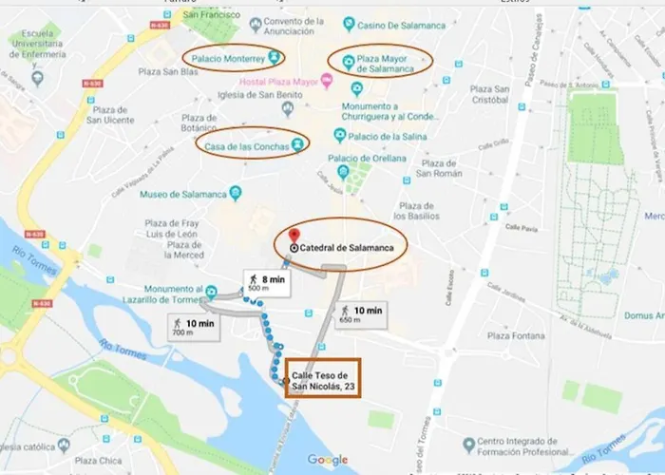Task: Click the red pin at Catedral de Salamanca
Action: [294, 236]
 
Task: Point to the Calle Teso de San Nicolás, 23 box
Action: [323, 377]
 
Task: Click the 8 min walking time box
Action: [267, 283]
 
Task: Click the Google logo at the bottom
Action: [327, 461]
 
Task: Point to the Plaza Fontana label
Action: [515, 335]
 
